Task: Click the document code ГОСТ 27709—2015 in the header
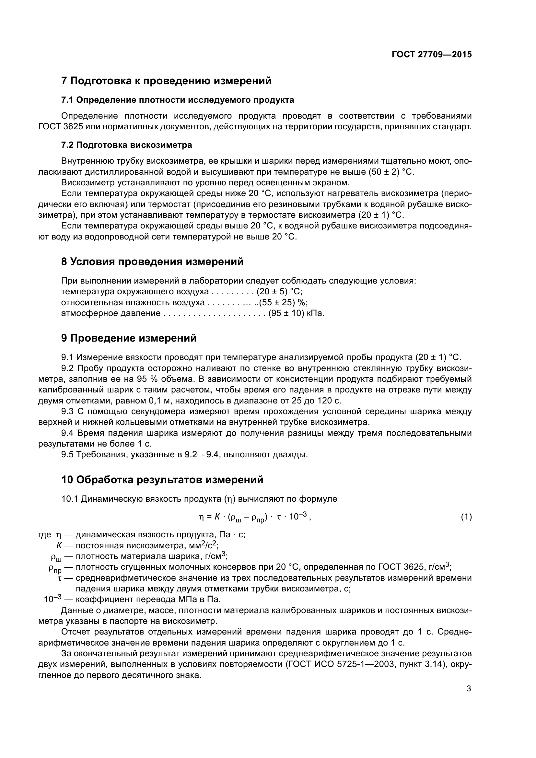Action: [432, 54]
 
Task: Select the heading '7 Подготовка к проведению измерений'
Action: [166, 81]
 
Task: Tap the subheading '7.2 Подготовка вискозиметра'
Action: [127, 145]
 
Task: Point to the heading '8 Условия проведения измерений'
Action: [153, 262]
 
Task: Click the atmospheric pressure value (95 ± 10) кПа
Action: [297, 313]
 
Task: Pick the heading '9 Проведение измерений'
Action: [129, 338]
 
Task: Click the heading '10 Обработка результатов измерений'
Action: [162, 479]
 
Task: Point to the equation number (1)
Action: [466, 517]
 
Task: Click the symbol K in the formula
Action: [217, 517]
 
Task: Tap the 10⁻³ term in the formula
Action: [298, 517]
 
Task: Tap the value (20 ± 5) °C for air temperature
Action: [279, 292]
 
